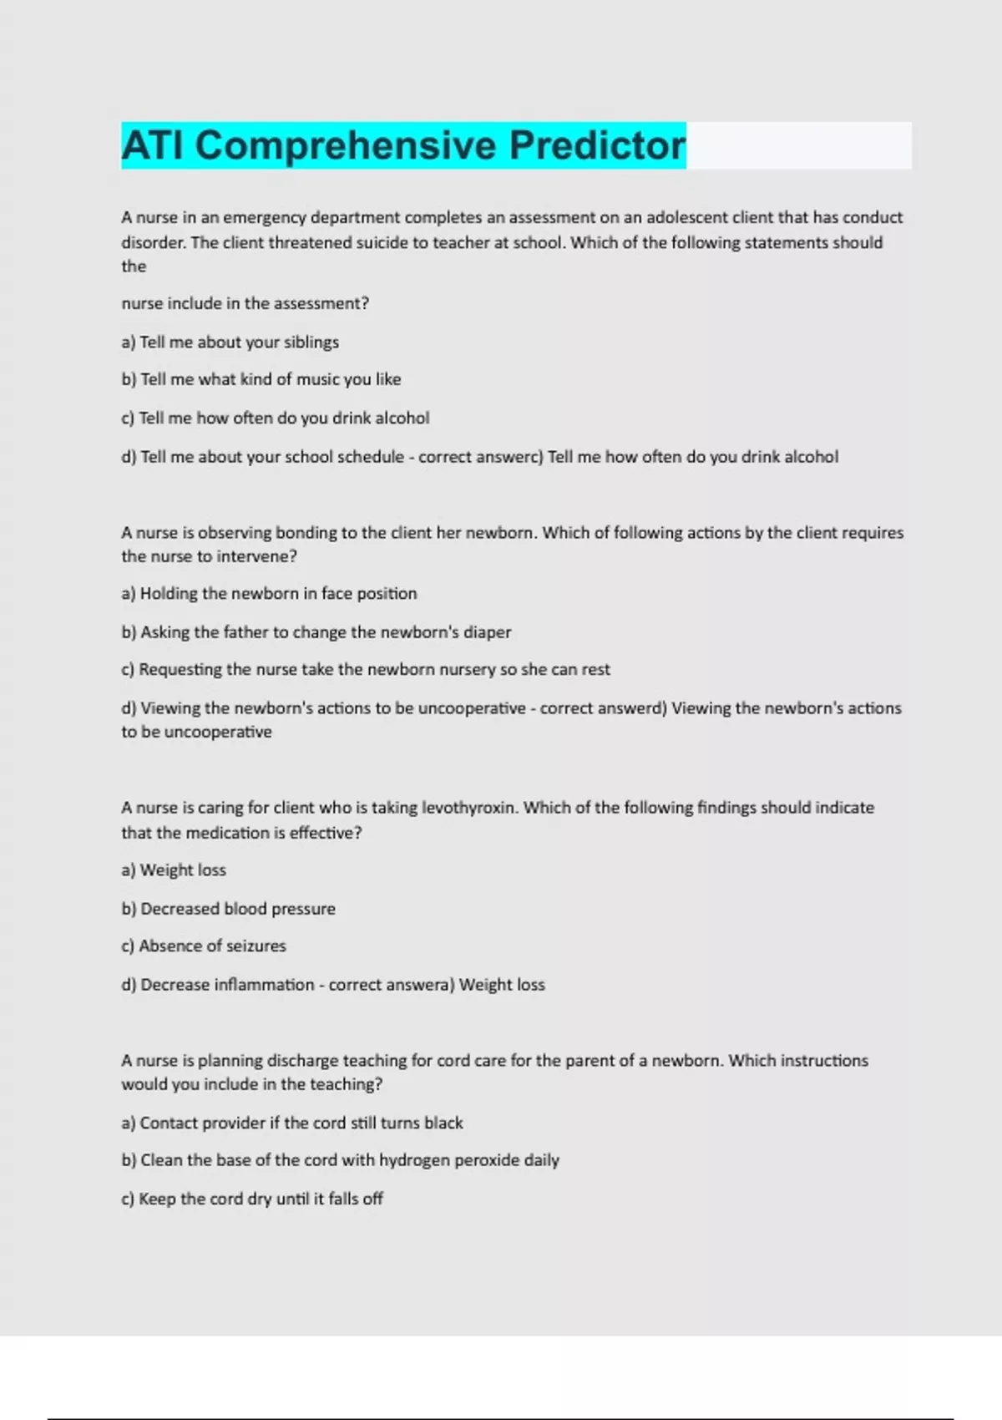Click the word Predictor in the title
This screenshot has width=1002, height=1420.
(597, 145)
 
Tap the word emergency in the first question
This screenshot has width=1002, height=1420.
(263, 218)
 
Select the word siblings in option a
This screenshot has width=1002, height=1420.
(311, 342)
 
